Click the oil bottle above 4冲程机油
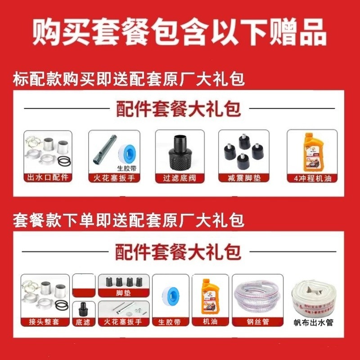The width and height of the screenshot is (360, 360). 310,150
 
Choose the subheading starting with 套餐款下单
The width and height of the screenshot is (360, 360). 129,220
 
